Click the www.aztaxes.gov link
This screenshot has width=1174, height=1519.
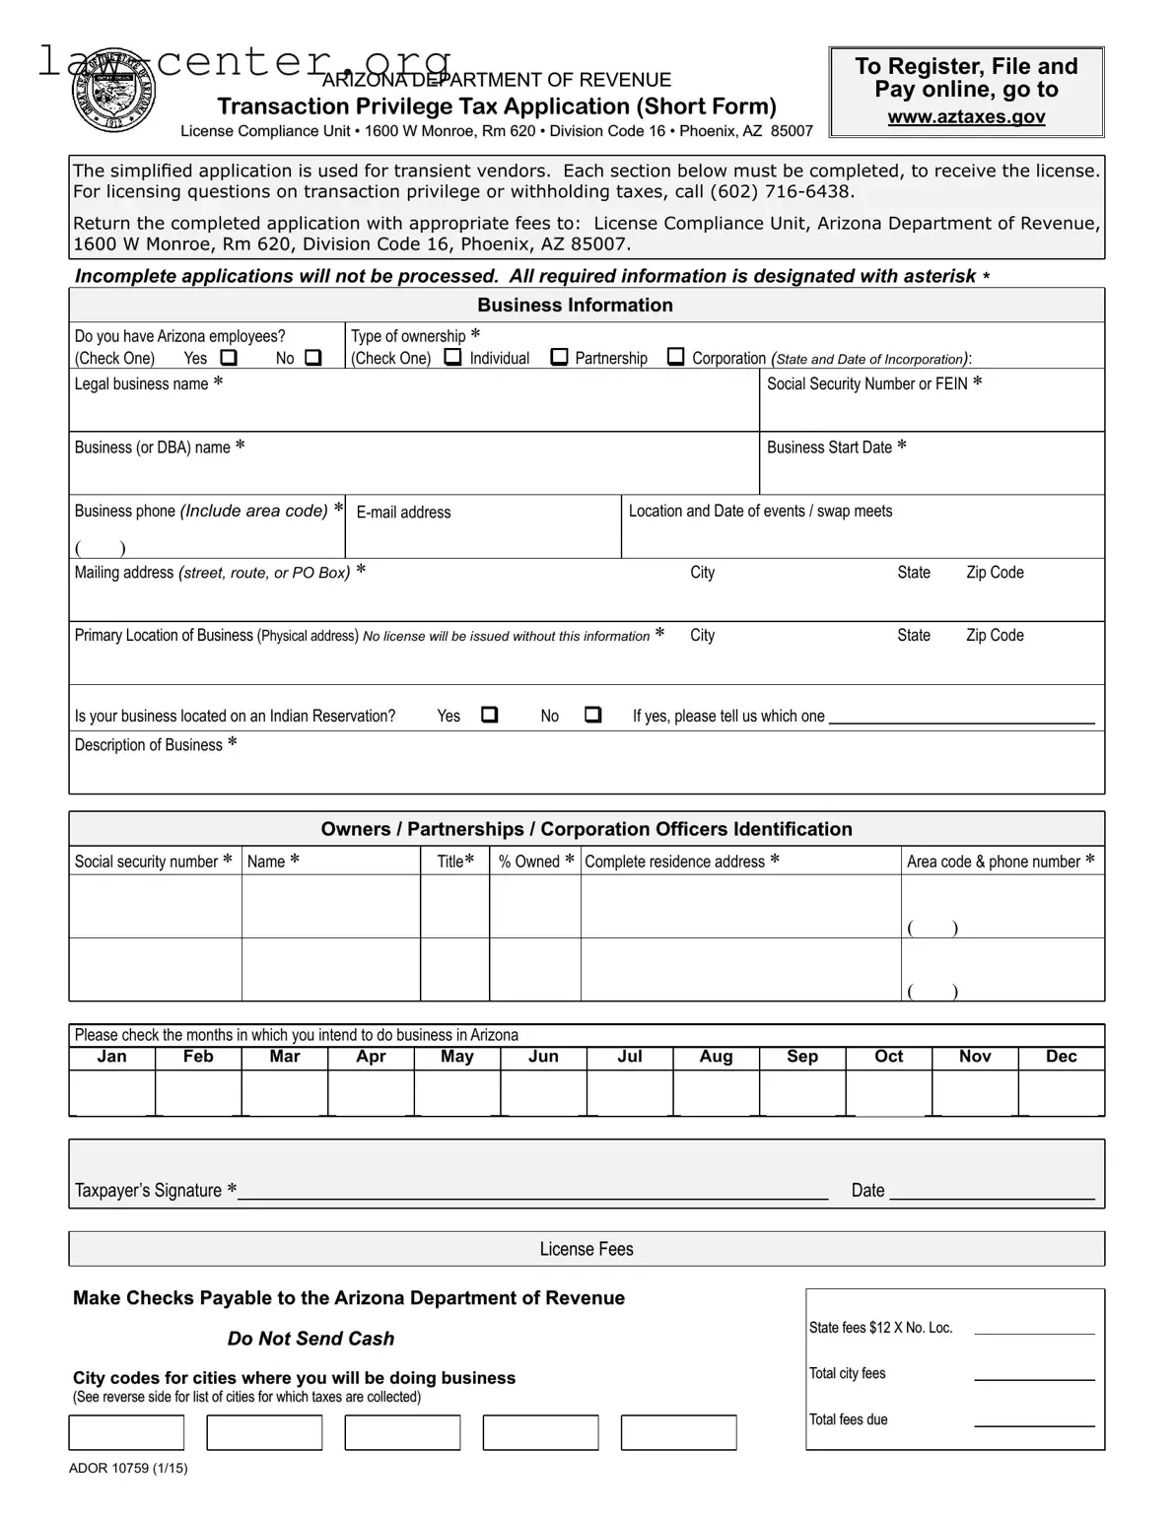click(x=966, y=117)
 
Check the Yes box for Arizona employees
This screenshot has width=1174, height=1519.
click(x=229, y=358)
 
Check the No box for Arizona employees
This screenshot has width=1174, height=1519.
click(x=312, y=358)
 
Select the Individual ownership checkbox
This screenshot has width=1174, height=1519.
click(x=452, y=357)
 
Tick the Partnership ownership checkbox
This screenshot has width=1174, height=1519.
click(x=559, y=357)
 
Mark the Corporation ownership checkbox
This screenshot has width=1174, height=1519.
click(x=676, y=357)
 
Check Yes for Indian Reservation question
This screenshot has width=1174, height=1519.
click(x=489, y=715)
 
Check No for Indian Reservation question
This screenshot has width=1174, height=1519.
click(x=592, y=715)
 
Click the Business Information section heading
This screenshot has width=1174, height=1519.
click(x=575, y=306)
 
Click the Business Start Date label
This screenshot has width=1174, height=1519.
click(x=829, y=448)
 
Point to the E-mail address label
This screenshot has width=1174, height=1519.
click(x=403, y=513)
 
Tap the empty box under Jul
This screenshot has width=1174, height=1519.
click(x=630, y=1093)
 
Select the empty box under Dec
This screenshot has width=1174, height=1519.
click(x=1061, y=1093)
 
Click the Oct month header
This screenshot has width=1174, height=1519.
click(x=888, y=1057)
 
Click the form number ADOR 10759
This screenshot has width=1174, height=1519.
click(x=128, y=1468)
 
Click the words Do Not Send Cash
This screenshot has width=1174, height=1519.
click(x=311, y=1339)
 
